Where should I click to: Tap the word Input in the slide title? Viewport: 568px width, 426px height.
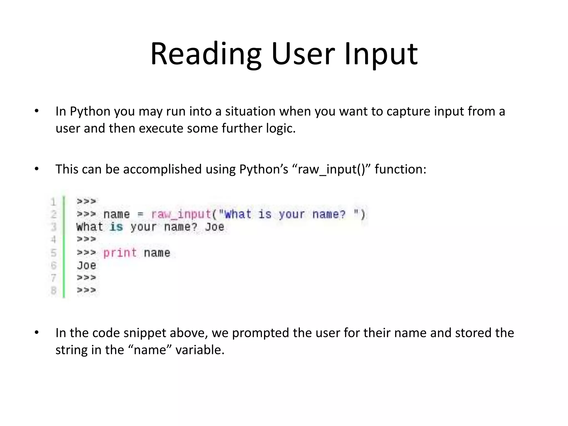381,54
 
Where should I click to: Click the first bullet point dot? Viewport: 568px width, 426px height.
37,111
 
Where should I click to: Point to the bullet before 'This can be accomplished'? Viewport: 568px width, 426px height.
37,169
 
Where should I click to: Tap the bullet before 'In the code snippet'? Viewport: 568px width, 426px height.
37,333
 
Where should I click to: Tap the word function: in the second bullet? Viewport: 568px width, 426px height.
400,169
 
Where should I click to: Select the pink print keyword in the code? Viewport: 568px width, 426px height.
120,253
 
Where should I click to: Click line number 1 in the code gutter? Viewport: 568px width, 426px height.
53,202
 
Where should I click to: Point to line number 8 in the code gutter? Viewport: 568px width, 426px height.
53,290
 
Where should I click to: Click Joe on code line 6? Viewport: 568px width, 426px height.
87,266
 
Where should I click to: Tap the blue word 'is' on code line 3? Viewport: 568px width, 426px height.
116,227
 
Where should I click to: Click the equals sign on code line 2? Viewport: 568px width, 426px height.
140,214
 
